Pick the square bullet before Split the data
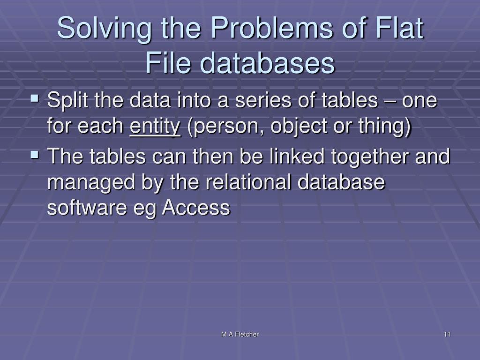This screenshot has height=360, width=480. [35, 99]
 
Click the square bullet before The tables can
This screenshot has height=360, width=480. [35, 154]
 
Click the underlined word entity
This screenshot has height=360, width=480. [155, 127]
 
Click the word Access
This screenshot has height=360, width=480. [196, 207]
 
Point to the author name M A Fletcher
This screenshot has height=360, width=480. [240, 334]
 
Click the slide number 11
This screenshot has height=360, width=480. [446, 334]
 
